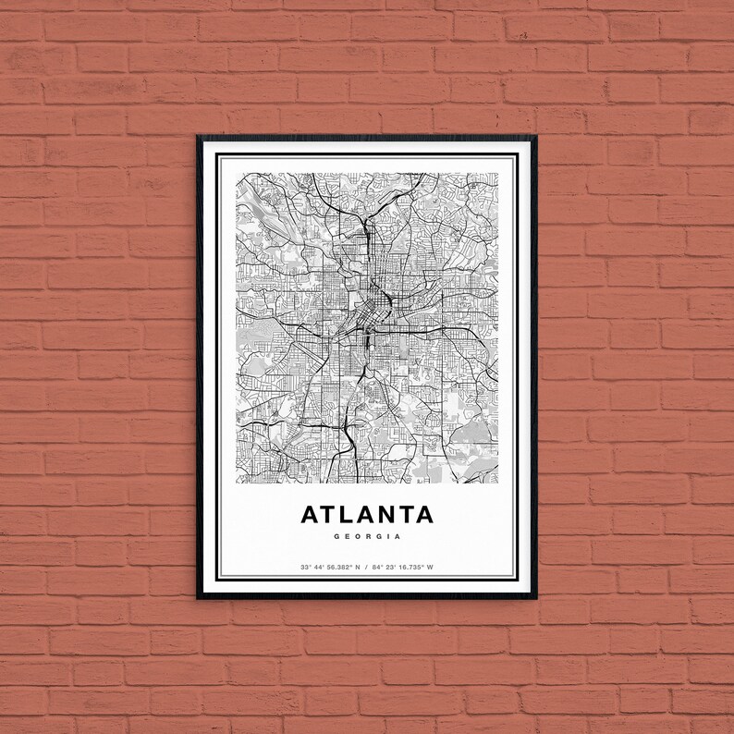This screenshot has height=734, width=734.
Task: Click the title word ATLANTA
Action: tap(366, 513)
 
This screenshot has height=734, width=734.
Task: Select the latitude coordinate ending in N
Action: tap(328, 566)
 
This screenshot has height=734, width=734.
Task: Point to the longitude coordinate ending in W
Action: tap(403, 566)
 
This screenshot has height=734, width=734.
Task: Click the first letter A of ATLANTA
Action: tap(308, 513)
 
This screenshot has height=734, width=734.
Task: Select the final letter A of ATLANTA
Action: tap(423, 513)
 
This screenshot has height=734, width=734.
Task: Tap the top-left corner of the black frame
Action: tap(198, 136)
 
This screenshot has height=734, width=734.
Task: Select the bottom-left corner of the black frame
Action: tap(198, 598)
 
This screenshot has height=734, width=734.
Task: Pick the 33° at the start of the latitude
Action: tap(304, 566)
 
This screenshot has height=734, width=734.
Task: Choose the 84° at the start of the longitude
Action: tap(377, 566)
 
